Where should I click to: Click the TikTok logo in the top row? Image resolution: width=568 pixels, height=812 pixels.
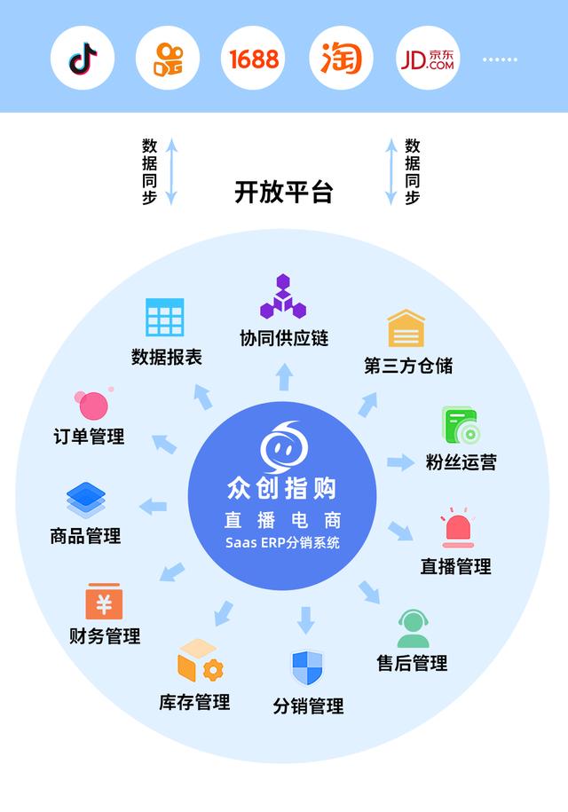(83, 59)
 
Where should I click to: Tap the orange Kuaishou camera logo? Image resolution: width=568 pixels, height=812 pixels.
(168, 59)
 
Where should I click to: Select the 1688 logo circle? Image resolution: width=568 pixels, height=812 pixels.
(254, 59)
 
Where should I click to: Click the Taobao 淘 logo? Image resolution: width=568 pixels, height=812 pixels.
(342, 59)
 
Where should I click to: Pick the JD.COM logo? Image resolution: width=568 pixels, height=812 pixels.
(428, 59)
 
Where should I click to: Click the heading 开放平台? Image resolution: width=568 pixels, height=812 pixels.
(283, 192)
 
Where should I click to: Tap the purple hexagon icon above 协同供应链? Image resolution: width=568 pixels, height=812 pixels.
(283, 297)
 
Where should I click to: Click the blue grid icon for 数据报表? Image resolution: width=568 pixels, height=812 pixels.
(165, 317)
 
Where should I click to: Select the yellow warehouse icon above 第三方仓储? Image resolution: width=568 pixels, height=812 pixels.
(406, 328)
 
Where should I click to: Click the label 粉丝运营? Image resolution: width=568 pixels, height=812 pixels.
(461, 462)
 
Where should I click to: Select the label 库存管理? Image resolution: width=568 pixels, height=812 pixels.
(194, 702)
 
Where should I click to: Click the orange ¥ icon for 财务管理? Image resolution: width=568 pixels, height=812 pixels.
(104, 602)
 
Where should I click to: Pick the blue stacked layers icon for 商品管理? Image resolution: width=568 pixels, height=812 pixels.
(85, 501)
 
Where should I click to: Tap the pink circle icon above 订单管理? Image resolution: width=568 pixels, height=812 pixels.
(92, 405)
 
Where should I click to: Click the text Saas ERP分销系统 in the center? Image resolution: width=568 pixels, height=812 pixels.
(283, 543)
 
